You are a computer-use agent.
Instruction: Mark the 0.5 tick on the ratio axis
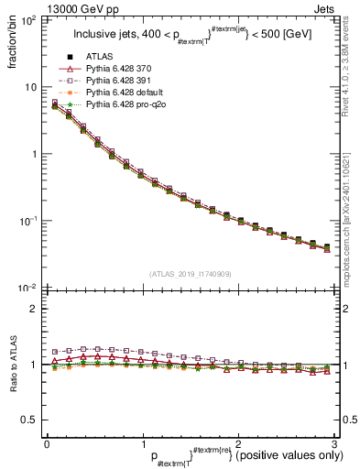click(x=29, y=419)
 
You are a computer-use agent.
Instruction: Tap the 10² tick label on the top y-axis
click(x=29, y=19)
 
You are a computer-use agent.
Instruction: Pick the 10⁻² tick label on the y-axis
click(x=29, y=289)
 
